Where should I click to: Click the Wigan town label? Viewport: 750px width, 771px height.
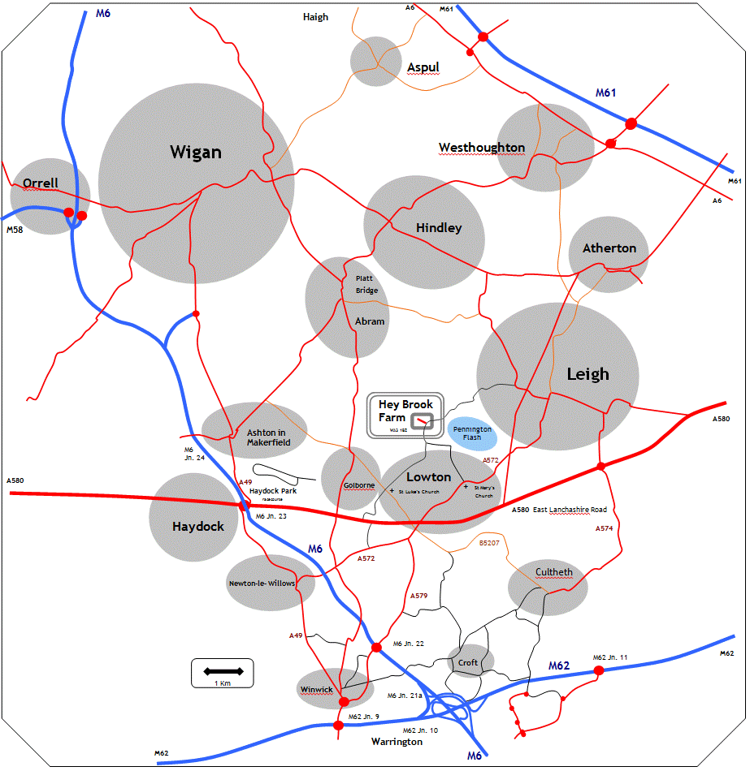tap(195, 153)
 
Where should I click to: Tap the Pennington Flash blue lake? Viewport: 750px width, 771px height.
tap(472, 433)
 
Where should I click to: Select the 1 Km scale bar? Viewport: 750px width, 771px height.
tap(223, 671)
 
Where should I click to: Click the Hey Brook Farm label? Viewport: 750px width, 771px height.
tap(405, 411)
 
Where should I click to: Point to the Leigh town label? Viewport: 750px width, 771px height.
tap(587, 374)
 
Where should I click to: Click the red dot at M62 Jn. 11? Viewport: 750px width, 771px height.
tap(599, 670)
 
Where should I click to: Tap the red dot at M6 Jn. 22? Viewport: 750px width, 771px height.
tap(376, 647)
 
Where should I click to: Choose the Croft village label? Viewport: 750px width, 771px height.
tap(468, 662)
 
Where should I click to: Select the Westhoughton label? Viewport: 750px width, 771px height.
tap(482, 148)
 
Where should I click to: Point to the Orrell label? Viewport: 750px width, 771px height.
tap(41, 183)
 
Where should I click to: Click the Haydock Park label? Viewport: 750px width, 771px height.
tap(273, 491)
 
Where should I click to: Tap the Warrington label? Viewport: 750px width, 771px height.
tap(397, 742)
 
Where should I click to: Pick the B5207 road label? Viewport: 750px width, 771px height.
tap(489, 542)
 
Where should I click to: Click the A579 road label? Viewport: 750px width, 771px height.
tap(418, 596)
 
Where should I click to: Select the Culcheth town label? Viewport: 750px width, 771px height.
tap(553, 572)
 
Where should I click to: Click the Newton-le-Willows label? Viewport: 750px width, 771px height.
tap(262, 583)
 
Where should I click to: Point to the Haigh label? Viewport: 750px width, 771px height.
tap(315, 17)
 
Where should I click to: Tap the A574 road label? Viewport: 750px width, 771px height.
tap(604, 528)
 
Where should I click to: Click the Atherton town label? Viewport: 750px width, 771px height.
tap(609, 248)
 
